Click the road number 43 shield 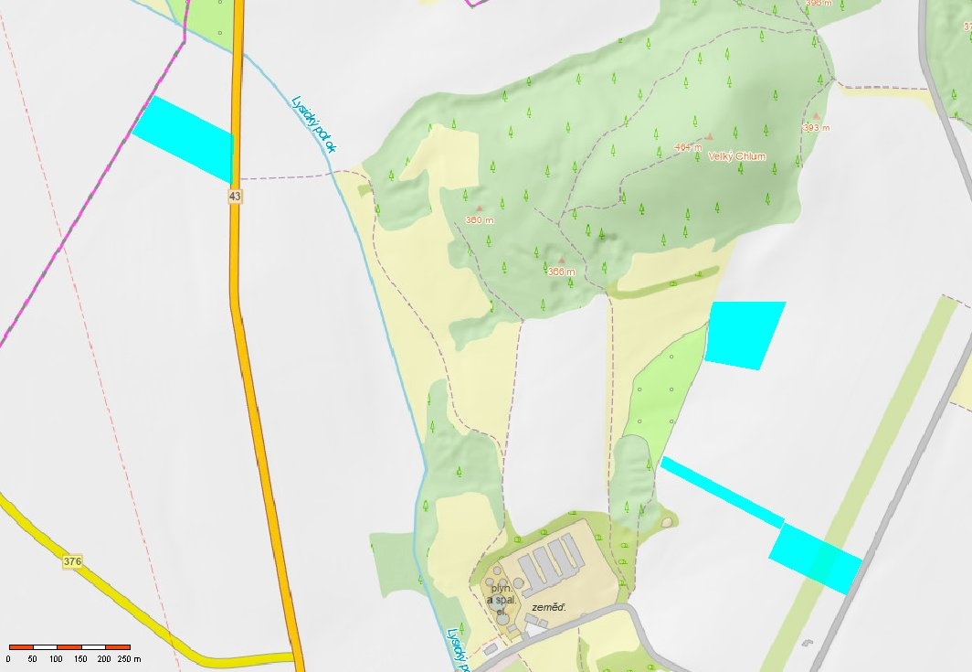[235, 197]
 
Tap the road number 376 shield [74, 560]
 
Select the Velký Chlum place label [737, 156]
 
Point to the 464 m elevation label [688, 147]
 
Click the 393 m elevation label [816, 128]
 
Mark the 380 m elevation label [480, 219]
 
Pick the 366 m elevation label [561, 272]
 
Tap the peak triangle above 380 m [479, 208]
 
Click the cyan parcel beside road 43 [185, 138]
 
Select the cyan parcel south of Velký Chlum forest [745, 334]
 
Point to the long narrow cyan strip [721, 491]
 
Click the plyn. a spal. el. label [502, 600]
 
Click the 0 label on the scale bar [8, 658]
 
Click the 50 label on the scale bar [33, 658]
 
